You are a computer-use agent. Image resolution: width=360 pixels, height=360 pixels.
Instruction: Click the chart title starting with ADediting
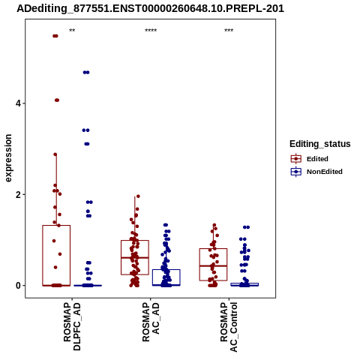click(x=150, y=8)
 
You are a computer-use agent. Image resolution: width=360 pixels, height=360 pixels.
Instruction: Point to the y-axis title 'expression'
click(x=8, y=158)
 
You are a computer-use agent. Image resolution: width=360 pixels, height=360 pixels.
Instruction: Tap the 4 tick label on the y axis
click(x=18, y=103)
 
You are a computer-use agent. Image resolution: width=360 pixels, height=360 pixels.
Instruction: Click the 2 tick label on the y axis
click(x=18, y=194)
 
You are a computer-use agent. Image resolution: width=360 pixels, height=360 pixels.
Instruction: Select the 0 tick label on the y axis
click(x=18, y=286)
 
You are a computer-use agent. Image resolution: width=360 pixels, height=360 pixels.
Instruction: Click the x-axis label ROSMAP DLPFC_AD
click(x=72, y=326)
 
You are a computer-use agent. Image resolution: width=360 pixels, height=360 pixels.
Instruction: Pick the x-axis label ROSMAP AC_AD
click(x=151, y=322)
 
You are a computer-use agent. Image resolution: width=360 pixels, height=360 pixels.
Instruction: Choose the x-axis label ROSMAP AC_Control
click(x=229, y=327)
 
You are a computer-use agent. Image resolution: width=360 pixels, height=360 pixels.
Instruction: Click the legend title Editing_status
click(x=320, y=144)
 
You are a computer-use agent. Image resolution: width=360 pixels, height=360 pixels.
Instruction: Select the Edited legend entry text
click(x=317, y=159)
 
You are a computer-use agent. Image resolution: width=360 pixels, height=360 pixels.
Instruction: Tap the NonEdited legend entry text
click(x=325, y=172)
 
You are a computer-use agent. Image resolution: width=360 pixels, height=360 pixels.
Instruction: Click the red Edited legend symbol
click(x=296, y=159)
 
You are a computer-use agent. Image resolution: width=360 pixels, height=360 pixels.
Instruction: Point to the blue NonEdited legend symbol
click(x=296, y=172)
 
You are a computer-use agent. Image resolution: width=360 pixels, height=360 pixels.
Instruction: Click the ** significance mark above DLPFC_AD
click(x=72, y=31)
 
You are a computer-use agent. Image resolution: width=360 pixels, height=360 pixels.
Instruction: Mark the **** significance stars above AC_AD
click(x=151, y=31)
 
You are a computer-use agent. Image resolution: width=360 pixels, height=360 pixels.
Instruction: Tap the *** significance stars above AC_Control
click(x=229, y=31)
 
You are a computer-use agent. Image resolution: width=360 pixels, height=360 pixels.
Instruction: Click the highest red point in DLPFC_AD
click(x=55, y=36)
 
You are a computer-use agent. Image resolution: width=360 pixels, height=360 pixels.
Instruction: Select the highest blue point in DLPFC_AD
click(x=86, y=73)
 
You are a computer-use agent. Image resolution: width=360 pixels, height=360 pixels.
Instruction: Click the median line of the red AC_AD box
click(x=135, y=257)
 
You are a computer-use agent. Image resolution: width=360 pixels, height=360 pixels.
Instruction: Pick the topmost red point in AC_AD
click(x=138, y=196)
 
